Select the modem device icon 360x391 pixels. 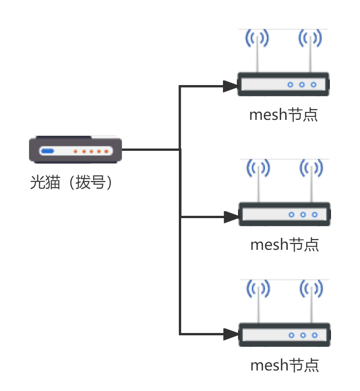click(x=75, y=150)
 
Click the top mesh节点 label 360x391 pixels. click(x=283, y=115)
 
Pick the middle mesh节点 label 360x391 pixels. click(x=285, y=244)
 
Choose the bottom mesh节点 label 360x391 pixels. click(x=285, y=365)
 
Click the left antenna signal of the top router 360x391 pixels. click(x=257, y=38)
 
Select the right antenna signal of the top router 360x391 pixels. click(x=310, y=38)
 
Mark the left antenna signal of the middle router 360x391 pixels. click(x=258, y=168)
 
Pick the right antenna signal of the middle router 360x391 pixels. click(x=311, y=168)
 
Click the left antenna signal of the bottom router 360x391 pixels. click(x=258, y=289)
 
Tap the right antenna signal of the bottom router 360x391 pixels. click(x=311, y=289)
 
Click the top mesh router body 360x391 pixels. click(x=283, y=84)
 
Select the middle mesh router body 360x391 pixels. click(x=284, y=214)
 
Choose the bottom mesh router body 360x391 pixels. click(x=284, y=335)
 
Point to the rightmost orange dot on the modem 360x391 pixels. click(x=106, y=151)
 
